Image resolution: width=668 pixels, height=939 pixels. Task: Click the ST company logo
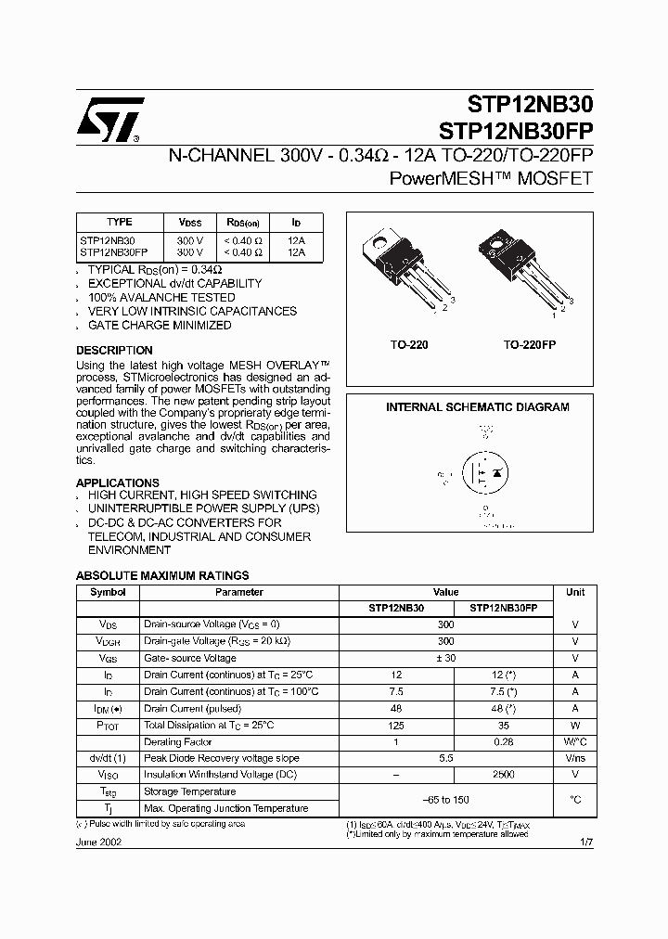109,120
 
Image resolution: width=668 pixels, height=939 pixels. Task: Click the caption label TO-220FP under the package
529,344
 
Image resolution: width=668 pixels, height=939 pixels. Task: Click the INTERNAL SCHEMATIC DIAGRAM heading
477,407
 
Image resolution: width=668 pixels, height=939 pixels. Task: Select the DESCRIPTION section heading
114,351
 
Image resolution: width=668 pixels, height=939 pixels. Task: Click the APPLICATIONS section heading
118,482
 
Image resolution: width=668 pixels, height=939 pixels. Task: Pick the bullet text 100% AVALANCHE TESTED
161,298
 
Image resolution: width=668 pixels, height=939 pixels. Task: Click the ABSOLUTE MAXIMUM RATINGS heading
162,575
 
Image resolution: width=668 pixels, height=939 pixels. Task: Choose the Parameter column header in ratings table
238,592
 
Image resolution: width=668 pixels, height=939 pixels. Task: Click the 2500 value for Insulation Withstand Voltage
504,775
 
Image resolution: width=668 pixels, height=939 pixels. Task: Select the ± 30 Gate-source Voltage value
445,658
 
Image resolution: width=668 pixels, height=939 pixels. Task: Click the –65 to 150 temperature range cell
445,800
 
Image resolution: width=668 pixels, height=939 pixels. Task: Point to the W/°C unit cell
575,741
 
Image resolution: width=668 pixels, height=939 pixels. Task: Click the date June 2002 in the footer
98,843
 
